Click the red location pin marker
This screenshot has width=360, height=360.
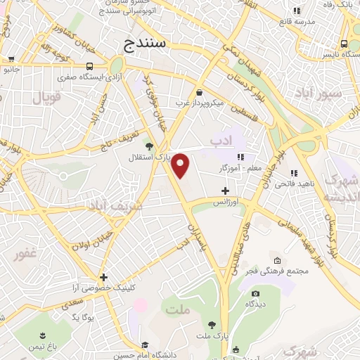point(181,165)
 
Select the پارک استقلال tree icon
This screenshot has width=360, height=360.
point(148,146)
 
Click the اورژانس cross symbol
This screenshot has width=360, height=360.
point(224,191)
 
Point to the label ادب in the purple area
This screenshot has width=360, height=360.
point(221,143)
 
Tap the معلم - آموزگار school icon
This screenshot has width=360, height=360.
point(240,156)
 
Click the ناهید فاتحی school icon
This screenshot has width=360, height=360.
point(295,173)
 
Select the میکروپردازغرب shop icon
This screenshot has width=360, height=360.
point(200,92)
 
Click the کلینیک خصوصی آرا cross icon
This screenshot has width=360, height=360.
point(103,277)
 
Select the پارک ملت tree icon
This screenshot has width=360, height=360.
point(212,324)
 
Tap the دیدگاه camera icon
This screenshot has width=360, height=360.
point(255,293)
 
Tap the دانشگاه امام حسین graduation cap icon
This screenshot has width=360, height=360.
point(145,345)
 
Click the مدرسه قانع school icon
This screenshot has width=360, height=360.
point(297,11)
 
